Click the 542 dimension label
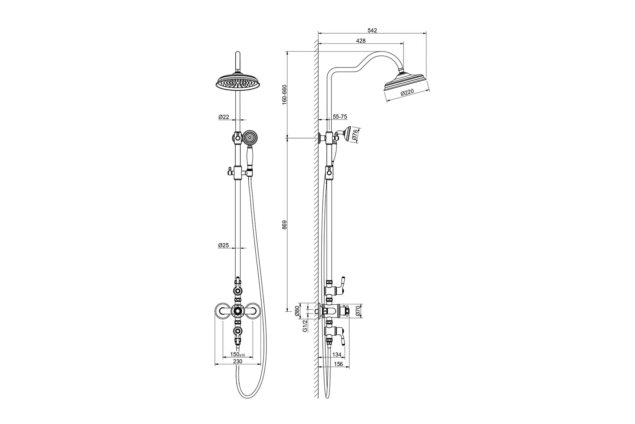tap(372, 30)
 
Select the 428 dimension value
tap(361, 41)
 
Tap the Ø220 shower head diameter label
tap(407, 93)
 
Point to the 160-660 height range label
tap(285, 94)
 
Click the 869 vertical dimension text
tap(285, 225)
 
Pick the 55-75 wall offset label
tap(340, 116)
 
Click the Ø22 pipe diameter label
tap(224, 117)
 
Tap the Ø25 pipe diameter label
tap(224, 245)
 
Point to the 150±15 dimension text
tap(237, 354)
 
